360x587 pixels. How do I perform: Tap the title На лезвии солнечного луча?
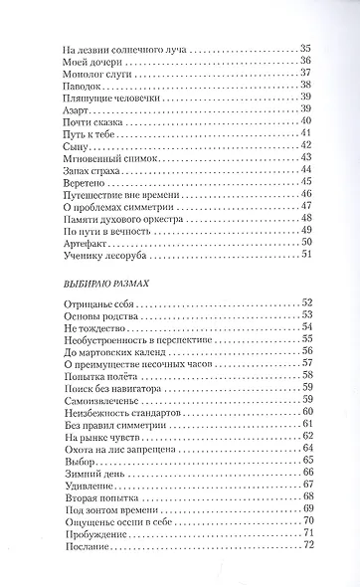click(x=123, y=48)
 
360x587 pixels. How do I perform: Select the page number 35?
click(x=305, y=48)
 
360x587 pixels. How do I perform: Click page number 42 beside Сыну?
click(x=305, y=145)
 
